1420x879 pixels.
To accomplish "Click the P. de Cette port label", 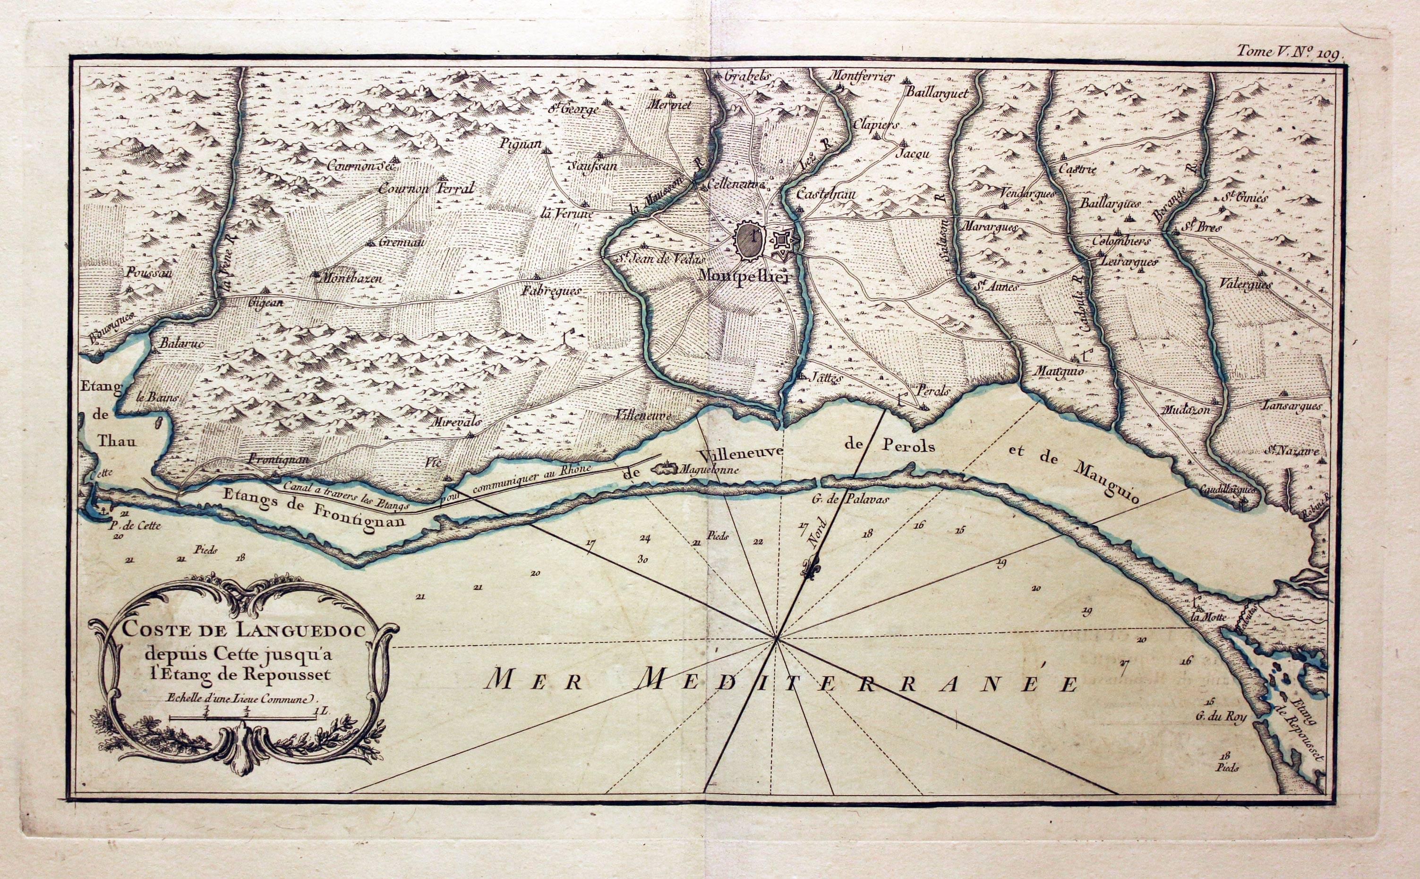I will tap(134, 526).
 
